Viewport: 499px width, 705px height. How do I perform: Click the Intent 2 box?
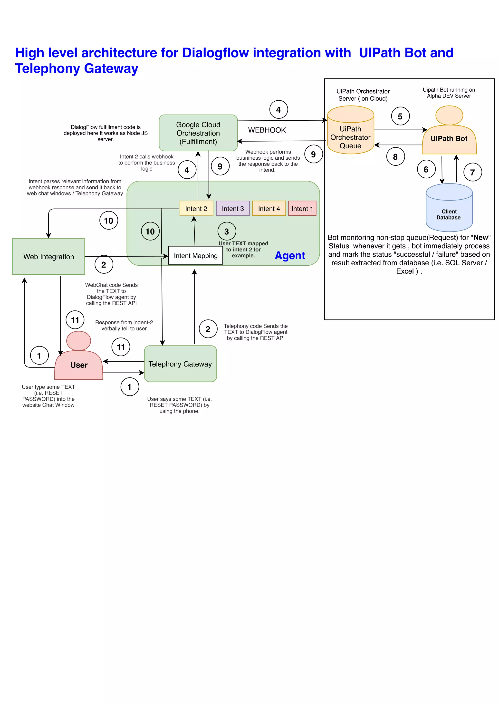(196, 208)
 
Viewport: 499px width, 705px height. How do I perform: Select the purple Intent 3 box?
(233, 208)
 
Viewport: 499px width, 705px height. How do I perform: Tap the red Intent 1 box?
(302, 208)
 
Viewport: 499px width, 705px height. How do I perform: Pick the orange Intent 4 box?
(269, 208)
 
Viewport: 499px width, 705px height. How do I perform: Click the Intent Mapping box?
(195, 255)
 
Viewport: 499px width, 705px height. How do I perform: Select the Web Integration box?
(48, 256)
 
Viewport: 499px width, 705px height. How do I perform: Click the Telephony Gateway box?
(180, 364)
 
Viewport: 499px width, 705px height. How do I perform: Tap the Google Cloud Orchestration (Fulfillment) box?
(198, 133)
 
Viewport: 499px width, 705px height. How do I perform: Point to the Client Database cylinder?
(449, 212)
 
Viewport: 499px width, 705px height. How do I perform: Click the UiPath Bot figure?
(449, 135)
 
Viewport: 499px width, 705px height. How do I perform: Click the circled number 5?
(400, 116)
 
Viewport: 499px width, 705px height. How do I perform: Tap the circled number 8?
(395, 156)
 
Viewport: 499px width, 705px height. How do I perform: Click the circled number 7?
(473, 172)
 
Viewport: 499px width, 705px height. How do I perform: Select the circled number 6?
(426, 169)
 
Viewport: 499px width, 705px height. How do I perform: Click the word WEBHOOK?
(267, 130)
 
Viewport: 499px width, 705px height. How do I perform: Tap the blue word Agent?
(290, 255)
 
